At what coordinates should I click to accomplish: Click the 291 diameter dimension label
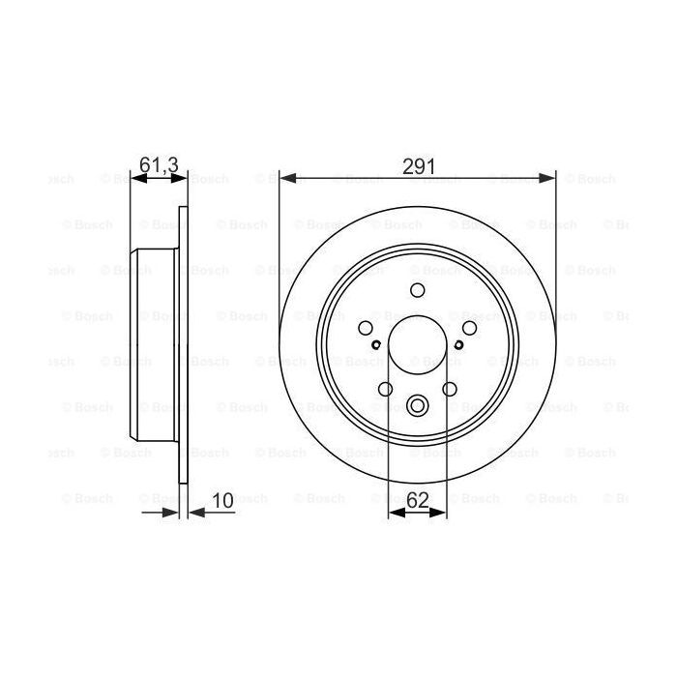point(418,165)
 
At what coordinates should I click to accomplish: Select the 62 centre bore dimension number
point(418,501)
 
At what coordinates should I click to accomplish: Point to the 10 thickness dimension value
point(222,501)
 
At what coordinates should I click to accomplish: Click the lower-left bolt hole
point(385,389)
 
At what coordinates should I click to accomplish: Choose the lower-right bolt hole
point(450,389)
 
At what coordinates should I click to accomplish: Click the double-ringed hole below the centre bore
point(418,406)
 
